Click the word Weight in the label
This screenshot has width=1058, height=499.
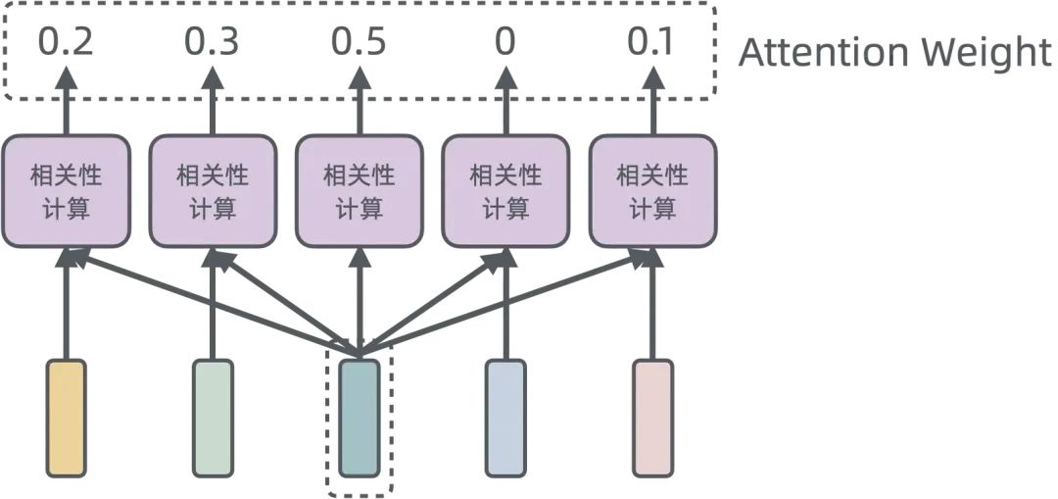tap(990, 53)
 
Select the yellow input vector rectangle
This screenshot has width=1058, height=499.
tap(66, 418)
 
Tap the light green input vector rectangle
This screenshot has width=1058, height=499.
tap(213, 418)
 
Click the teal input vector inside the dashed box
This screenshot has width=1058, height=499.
tap(359, 418)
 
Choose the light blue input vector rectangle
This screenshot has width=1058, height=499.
tap(505, 418)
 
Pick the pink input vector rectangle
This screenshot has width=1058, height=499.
tap(652, 418)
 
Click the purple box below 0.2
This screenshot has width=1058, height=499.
tap(66, 191)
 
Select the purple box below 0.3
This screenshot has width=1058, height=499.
tap(213, 191)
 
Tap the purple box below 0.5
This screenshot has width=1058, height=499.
tap(359, 191)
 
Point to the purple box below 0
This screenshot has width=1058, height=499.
tap(505, 191)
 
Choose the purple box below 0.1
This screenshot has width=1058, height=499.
tap(652, 191)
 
